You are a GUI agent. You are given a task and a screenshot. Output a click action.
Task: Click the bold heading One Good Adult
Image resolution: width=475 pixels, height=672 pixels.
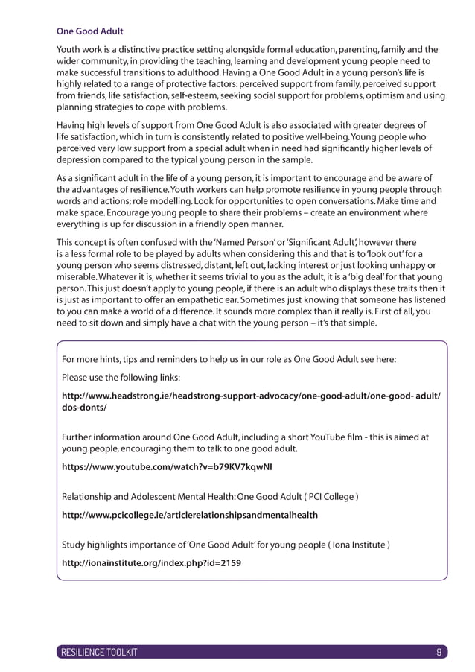(x=90, y=31)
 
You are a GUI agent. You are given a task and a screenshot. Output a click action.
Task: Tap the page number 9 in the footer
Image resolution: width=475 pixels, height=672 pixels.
(x=439, y=652)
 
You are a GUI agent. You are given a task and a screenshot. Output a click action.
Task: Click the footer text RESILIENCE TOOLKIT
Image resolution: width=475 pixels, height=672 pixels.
(x=98, y=652)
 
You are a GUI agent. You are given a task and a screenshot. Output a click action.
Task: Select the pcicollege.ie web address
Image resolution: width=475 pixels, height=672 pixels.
(x=189, y=515)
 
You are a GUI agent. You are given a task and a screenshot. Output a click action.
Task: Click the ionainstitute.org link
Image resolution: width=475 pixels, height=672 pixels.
(x=151, y=562)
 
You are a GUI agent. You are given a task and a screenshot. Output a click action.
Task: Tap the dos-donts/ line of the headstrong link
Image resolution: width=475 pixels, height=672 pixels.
(x=84, y=408)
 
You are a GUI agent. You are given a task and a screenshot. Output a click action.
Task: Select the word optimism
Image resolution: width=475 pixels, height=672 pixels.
(x=382, y=96)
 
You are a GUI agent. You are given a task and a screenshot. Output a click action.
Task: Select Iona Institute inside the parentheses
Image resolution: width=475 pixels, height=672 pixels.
(x=352, y=545)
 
